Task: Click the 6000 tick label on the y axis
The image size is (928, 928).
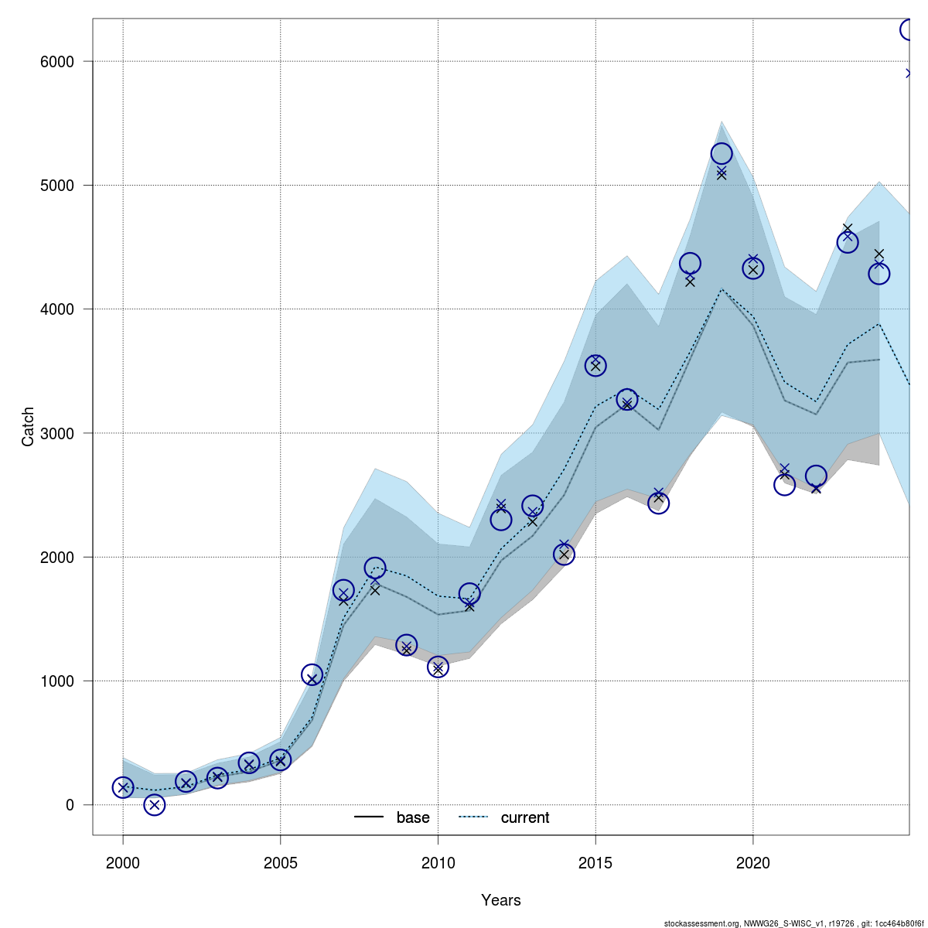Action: pyautogui.click(x=58, y=62)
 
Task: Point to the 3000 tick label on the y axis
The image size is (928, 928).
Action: pyautogui.click(x=58, y=434)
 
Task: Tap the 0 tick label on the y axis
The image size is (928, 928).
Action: pyautogui.click(x=70, y=805)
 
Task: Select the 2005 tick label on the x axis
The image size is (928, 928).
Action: pyautogui.click(x=280, y=862)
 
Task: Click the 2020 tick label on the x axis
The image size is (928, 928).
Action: pyautogui.click(x=753, y=862)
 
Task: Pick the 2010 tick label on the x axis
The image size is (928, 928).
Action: pyautogui.click(x=438, y=862)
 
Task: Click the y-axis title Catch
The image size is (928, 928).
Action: pyautogui.click(x=29, y=426)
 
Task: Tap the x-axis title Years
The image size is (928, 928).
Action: pyautogui.click(x=501, y=900)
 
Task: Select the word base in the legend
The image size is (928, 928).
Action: pyautogui.click(x=413, y=818)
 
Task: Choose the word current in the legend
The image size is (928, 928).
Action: pyautogui.click(x=525, y=818)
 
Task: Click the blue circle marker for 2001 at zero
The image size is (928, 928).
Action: pyautogui.click(x=155, y=805)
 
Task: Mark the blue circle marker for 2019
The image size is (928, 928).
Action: pyautogui.click(x=722, y=154)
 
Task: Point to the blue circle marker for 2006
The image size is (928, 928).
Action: pyautogui.click(x=312, y=675)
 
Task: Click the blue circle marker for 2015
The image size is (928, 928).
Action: pyautogui.click(x=595, y=366)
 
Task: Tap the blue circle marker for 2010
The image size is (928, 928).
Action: pyautogui.click(x=438, y=667)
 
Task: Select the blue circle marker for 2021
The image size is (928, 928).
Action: pyautogui.click(x=784, y=485)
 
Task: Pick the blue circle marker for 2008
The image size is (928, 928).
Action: pyautogui.click(x=375, y=568)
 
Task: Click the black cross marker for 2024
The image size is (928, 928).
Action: pyautogui.click(x=879, y=254)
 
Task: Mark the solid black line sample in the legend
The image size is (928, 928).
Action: pyautogui.click(x=369, y=818)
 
